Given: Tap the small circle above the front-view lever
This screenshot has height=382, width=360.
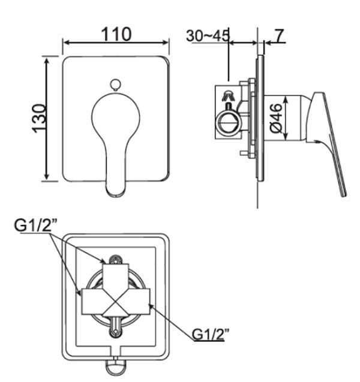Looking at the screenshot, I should (x=115, y=85).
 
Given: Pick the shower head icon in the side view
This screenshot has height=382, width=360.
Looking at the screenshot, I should (x=227, y=96).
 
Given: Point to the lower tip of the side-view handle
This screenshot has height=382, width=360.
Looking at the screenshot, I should (x=343, y=193).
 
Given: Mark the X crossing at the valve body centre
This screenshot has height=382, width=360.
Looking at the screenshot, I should (x=115, y=305).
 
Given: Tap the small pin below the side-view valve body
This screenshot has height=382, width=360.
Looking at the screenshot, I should (x=242, y=154).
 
